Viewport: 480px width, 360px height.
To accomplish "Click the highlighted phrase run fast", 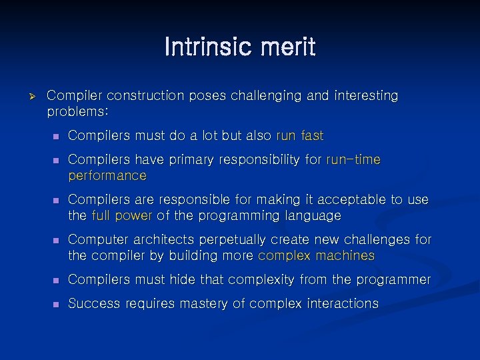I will pyautogui.click(x=299, y=136).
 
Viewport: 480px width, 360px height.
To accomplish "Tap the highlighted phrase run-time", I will pyautogui.click(x=353, y=160).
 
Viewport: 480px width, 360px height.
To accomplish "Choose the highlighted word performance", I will pyautogui.click(x=107, y=176).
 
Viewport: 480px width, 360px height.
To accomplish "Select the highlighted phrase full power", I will pyautogui.click(x=121, y=216).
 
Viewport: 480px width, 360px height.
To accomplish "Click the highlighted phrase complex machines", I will pyautogui.click(x=316, y=256).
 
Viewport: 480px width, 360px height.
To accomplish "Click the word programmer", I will pyautogui.click(x=395, y=280).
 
